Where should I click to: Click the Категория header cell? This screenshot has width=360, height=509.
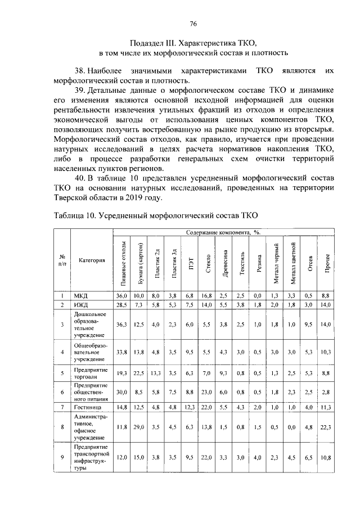click(92, 260)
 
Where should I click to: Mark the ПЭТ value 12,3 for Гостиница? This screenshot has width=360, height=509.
click(191, 407)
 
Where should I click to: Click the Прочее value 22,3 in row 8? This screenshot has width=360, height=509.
click(326, 427)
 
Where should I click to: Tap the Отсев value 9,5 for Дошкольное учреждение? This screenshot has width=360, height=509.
click(310, 325)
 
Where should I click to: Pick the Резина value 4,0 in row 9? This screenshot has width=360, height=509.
click(258, 458)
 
